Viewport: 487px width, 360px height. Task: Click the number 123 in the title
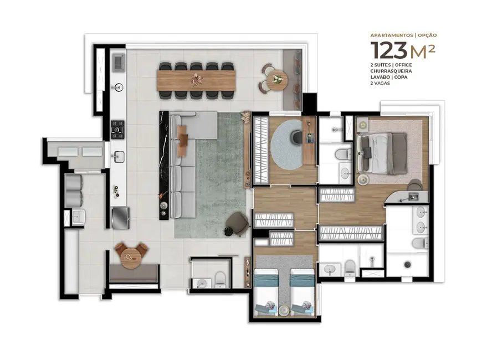tap(389, 50)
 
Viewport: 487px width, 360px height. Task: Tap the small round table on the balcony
tap(276, 80)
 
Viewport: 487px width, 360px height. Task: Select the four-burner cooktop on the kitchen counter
tap(117, 129)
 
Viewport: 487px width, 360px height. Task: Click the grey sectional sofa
tap(184, 166)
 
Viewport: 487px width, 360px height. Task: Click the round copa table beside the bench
tap(132, 256)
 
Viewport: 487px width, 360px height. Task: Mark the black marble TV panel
tap(163, 165)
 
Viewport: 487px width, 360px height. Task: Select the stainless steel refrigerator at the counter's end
tap(121, 217)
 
